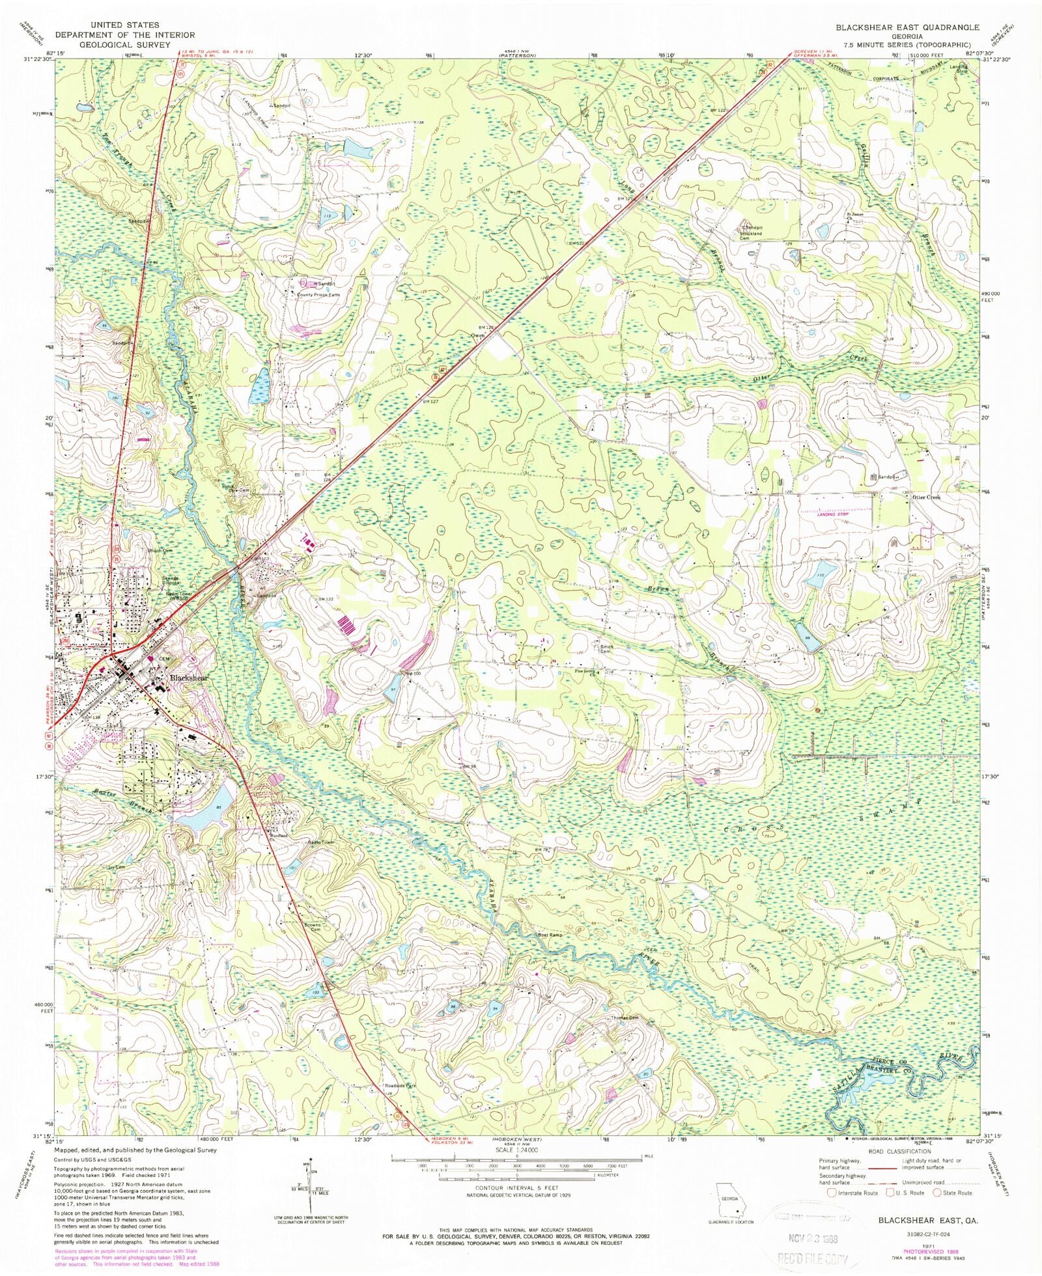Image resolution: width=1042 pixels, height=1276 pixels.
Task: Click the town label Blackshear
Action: tap(189, 678)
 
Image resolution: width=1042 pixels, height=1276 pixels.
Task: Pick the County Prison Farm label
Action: tap(318, 295)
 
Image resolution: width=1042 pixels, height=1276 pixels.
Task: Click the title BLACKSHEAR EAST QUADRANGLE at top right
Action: tap(907, 27)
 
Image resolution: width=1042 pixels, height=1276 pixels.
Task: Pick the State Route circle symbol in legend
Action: tap(937, 1193)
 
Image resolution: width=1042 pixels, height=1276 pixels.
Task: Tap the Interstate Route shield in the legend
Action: tap(831, 1193)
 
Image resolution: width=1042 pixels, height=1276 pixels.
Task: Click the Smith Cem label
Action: tap(606, 649)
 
